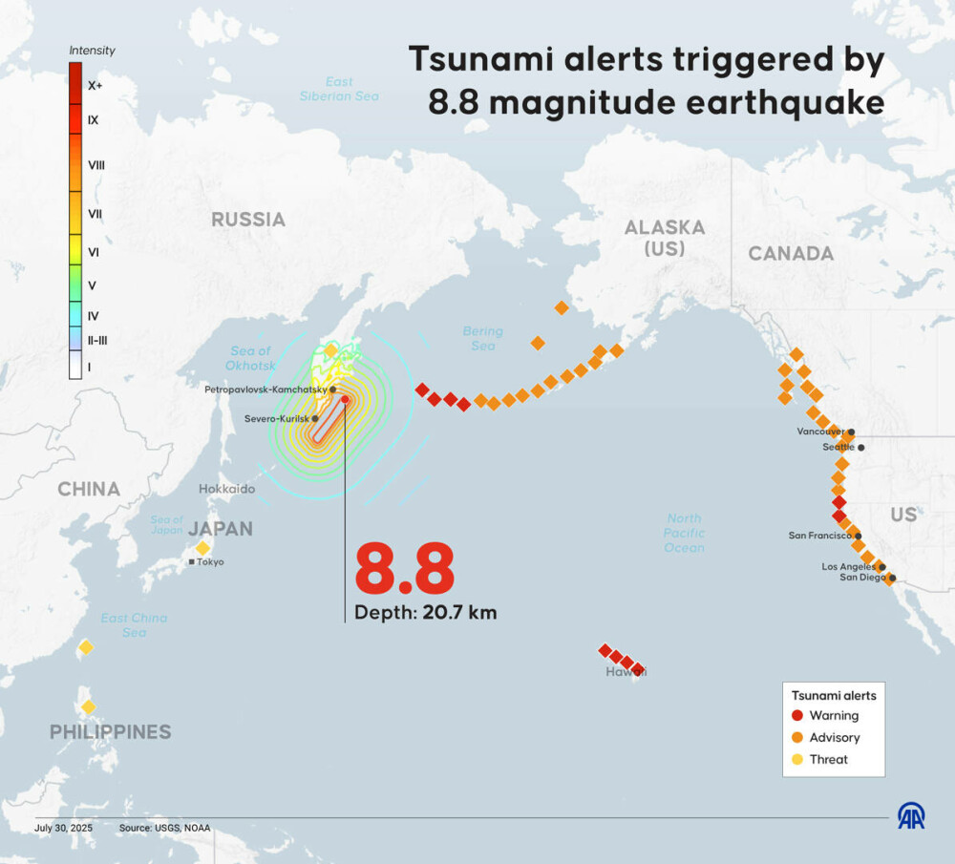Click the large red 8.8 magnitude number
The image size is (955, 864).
pos(404,570)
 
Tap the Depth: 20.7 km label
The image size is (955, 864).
pos(425,613)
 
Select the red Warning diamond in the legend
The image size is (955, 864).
pos(796,715)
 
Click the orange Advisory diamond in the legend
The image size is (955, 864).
pos(796,737)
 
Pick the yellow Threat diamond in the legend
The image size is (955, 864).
pos(796,759)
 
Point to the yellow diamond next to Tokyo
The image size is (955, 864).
pos(202,548)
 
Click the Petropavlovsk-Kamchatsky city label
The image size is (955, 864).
pos(265,390)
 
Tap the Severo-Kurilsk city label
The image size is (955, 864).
pos(276,419)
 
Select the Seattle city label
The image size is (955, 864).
pos(838,447)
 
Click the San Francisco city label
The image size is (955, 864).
pos(819,536)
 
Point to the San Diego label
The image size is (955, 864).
pos(862,577)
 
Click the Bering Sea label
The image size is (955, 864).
pos(483,338)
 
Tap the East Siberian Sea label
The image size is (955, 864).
pos(339,89)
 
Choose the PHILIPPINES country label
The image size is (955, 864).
pos(111,732)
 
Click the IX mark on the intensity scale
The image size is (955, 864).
pos(94,120)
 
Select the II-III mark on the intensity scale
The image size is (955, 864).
pos(98,339)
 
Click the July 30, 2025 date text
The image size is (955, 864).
pos(63,829)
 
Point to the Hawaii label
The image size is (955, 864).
pos(626,672)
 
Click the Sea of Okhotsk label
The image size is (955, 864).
pos(251,358)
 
